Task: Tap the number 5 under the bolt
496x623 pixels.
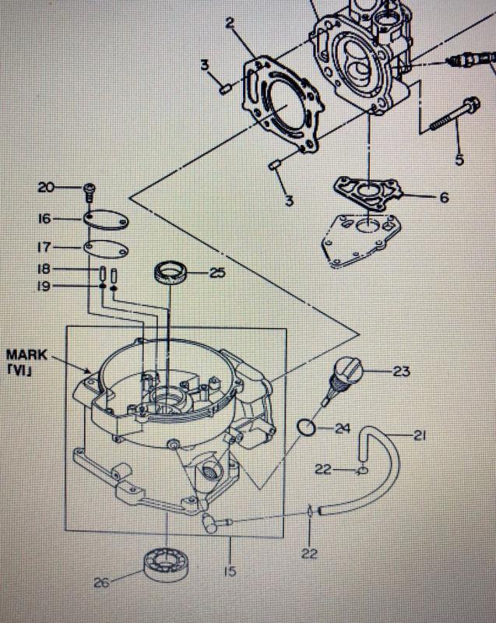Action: point(459,160)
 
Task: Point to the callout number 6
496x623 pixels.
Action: point(443,198)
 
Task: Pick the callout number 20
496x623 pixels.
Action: point(47,187)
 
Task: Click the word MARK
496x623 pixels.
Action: point(47,354)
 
